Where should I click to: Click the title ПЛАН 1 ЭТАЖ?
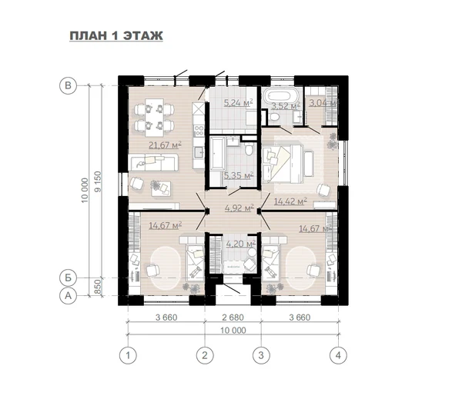(116, 35)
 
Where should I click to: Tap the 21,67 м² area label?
(165, 145)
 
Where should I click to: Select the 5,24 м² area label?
(239, 103)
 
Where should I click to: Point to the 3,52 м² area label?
(286, 105)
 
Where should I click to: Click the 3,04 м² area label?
(323, 103)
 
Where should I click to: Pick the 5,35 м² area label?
(239, 175)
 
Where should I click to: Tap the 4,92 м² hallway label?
(239, 208)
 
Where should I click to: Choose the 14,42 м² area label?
(290, 201)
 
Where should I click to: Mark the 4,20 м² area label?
(240, 244)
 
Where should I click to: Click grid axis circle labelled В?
(68, 85)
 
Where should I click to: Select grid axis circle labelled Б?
(68, 278)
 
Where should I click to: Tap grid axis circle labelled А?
(68, 295)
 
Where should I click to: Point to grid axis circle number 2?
(205, 355)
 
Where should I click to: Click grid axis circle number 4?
(338, 355)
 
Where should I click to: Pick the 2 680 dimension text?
(233, 318)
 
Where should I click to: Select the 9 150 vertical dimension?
(97, 181)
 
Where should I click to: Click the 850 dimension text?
(97, 287)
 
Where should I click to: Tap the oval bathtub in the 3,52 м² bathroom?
(281, 96)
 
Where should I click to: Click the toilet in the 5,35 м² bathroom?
(249, 148)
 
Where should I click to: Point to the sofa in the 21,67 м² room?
(153, 162)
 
